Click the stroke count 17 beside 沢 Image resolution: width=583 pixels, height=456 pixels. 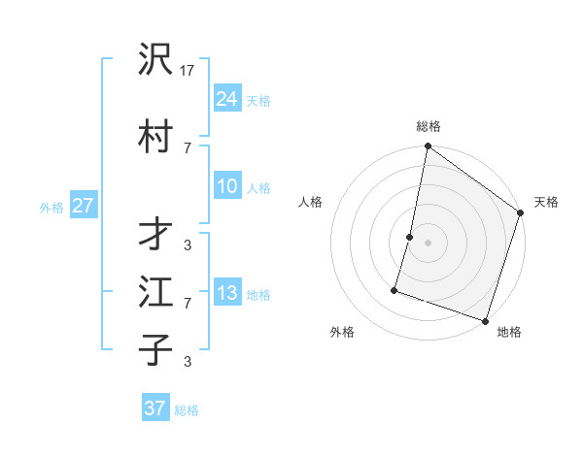pyautogui.click(x=189, y=71)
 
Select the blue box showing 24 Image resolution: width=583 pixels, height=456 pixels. pyautogui.click(x=227, y=98)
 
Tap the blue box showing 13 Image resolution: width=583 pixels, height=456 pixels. pyautogui.click(x=227, y=293)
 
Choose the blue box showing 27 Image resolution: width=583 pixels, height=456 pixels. pyautogui.click(x=83, y=206)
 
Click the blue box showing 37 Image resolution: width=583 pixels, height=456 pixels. pyautogui.click(x=155, y=408)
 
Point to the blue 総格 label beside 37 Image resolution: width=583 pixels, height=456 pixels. pyautogui.click(x=187, y=410)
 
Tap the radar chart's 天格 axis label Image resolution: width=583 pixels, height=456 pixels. pyautogui.click(x=546, y=202)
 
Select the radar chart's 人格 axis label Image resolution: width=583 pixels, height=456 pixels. pyautogui.click(x=311, y=202)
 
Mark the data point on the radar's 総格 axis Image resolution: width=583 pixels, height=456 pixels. pyautogui.click(x=428, y=147)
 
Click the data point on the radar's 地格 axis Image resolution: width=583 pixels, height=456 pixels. pyautogui.click(x=485, y=320)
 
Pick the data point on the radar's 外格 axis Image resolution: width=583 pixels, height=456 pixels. pyautogui.click(x=395, y=289)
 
